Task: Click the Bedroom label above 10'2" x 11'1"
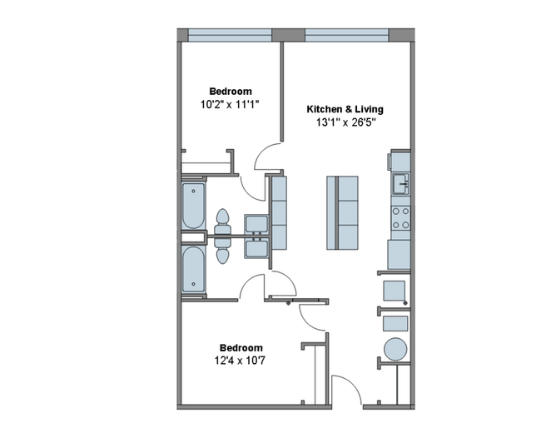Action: pos(231,92)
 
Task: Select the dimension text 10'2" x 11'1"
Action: pos(230,104)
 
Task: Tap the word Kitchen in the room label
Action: pos(323,109)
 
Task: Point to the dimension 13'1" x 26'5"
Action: pos(345,122)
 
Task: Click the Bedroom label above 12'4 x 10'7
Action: pos(241,348)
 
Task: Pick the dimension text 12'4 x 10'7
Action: pos(240,361)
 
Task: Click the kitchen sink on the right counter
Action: pos(400,184)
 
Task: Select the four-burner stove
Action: pos(400,218)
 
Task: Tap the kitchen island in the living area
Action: pos(342,212)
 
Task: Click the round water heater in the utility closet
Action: pos(395,349)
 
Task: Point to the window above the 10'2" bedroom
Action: pos(230,35)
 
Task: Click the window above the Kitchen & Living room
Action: pos(347,35)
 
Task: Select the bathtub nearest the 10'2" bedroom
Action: pos(193,206)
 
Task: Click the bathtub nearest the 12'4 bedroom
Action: pos(193,269)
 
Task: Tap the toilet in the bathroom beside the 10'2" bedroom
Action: pos(222,222)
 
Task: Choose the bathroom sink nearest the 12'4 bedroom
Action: pos(256,249)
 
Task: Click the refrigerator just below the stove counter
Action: pos(399,255)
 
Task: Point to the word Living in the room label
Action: pos(370,110)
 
